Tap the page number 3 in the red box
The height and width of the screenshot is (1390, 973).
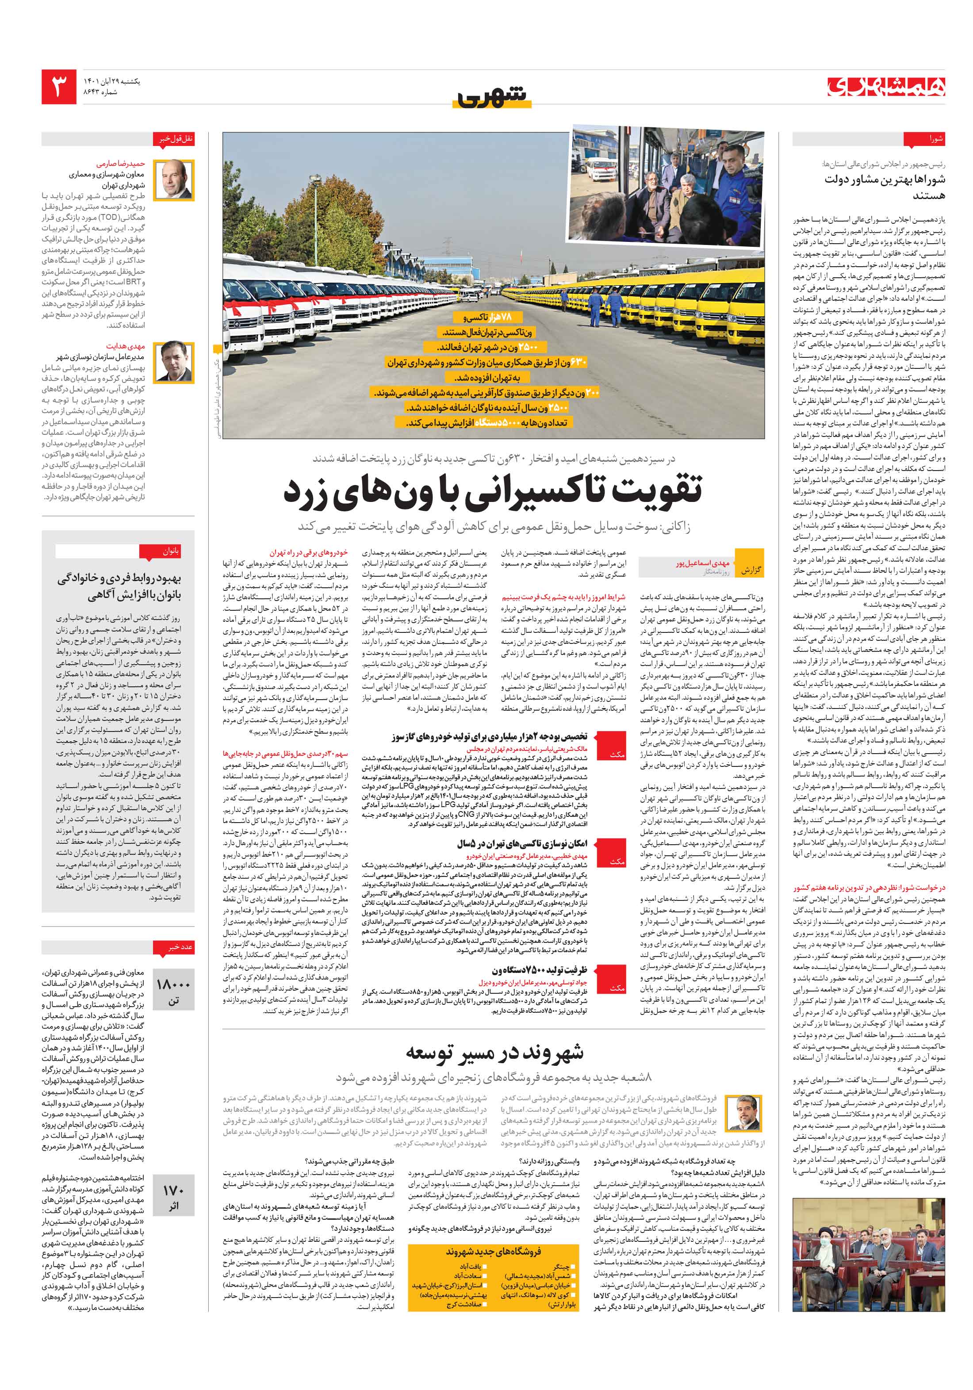click(x=59, y=87)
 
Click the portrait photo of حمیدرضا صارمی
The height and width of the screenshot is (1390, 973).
click(x=174, y=180)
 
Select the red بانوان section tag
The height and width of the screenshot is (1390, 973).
click(x=159, y=551)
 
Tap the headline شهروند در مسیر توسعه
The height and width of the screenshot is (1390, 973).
click(x=494, y=1053)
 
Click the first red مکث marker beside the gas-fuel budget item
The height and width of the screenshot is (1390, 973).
click(x=617, y=754)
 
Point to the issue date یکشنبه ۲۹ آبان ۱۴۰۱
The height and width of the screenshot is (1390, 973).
click(x=111, y=81)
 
